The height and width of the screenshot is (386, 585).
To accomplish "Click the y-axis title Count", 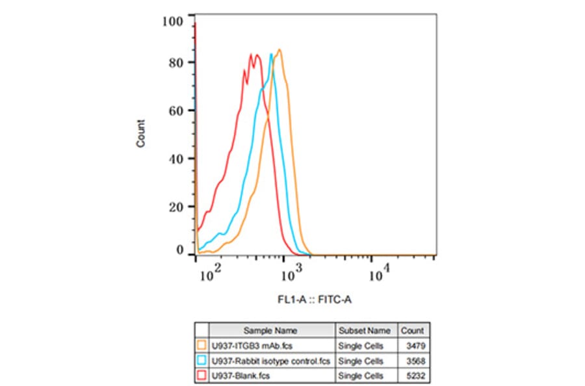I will click(141, 133).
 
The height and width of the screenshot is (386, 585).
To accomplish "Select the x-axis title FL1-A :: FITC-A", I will click(316, 300).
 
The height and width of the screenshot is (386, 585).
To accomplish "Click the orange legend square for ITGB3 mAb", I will click(201, 346).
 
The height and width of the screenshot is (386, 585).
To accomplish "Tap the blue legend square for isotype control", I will click(201, 361).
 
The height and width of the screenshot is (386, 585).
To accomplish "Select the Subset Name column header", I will click(365, 330).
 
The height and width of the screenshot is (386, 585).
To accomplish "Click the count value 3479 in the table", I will click(414, 346).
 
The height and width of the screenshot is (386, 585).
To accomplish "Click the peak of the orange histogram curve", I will click(279, 50).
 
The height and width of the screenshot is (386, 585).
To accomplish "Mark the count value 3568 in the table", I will click(414, 361).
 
